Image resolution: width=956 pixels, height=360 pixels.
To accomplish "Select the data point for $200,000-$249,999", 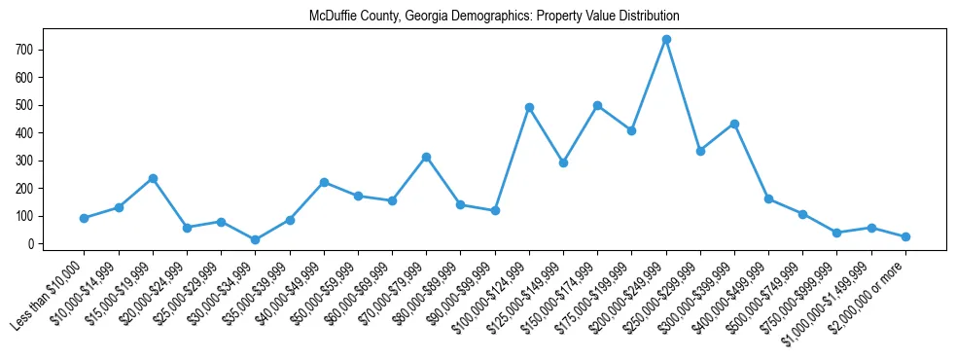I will pos(666,39).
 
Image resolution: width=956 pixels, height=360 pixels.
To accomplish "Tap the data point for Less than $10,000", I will pos(85,218).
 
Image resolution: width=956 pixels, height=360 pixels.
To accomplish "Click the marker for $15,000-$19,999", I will pos(153,178).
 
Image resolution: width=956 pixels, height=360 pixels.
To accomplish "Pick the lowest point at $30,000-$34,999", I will pos(255,239).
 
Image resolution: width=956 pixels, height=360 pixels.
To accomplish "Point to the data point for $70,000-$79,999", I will pos(426,157).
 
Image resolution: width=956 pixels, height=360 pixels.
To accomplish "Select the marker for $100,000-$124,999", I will pos(529,107).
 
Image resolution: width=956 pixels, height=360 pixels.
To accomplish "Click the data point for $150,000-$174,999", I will pos(597,105).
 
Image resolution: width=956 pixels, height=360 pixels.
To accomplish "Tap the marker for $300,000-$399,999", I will pos(734,124).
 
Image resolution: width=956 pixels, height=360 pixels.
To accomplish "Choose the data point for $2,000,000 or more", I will pos(905,236).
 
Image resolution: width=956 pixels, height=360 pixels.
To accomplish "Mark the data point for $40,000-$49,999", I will pos(324,182).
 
